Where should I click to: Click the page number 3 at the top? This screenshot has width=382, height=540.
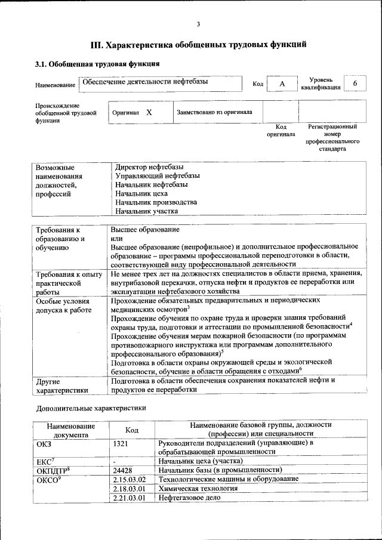tap(198, 24)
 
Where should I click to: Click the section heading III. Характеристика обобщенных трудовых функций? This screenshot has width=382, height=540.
tap(198, 44)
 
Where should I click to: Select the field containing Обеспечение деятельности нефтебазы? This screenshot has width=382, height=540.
tap(161, 84)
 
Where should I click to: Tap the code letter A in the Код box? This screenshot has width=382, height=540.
tap(282, 84)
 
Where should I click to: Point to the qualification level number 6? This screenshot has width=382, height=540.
tap(355, 84)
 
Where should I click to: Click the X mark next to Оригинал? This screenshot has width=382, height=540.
tap(149, 112)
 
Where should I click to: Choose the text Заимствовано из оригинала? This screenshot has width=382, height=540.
tap(214, 112)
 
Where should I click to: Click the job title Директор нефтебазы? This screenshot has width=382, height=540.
tap(149, 167)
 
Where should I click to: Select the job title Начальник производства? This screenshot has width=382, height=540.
tap(156, 202)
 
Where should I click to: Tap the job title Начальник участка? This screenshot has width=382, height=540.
tap(147, 211)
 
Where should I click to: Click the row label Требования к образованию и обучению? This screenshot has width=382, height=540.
tap(60, 238)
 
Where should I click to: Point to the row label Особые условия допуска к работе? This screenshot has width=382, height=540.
tap(63, 305)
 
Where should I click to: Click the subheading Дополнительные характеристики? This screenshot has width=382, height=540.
tap(91, 408)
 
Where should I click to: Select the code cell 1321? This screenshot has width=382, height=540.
tap(120, 443)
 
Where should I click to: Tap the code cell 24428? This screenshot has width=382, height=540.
tap(122, 470)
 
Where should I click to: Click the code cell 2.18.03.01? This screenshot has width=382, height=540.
tap(129, 488)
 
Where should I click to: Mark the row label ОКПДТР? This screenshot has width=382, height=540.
tap(53, 470)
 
